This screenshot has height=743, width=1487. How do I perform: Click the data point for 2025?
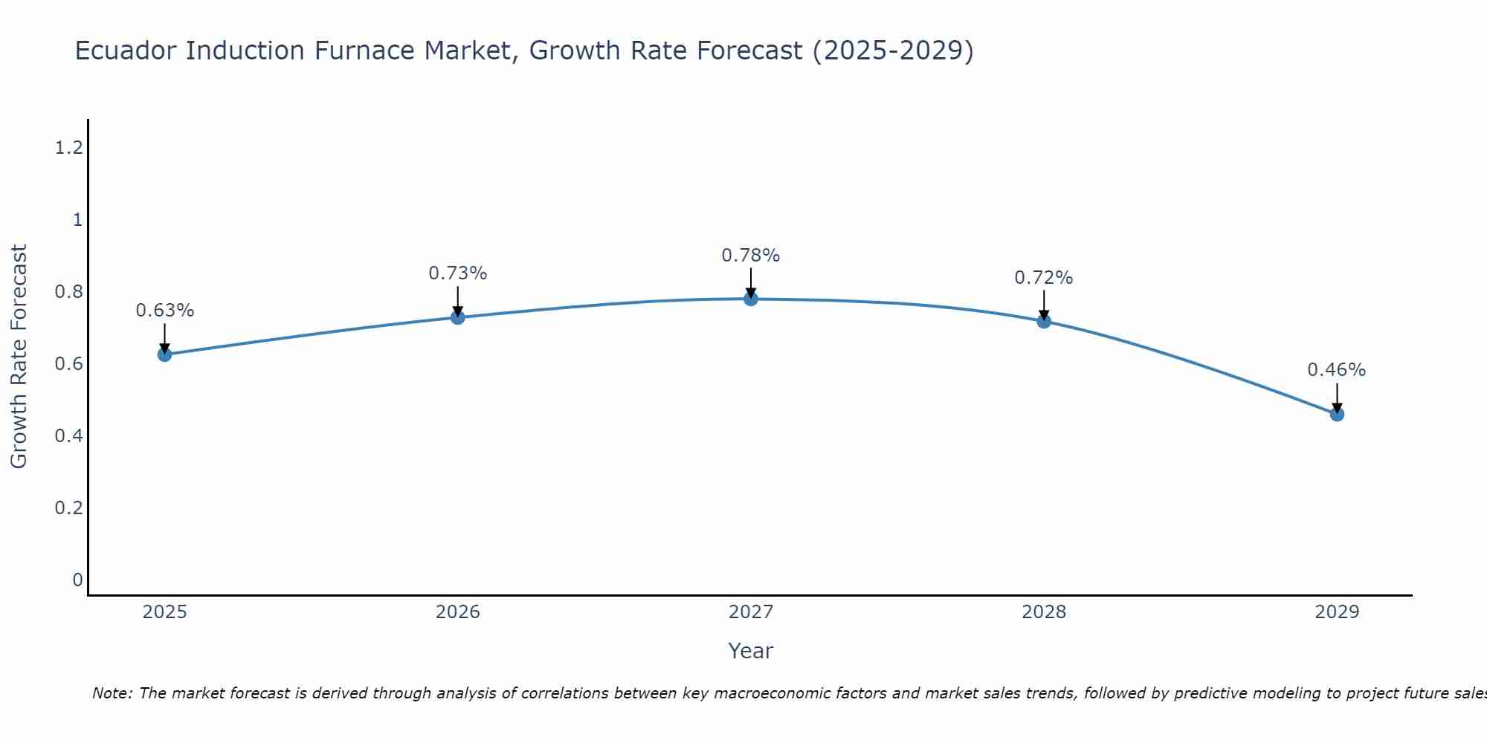[165, 354]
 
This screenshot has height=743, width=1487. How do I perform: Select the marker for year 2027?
[751, 299]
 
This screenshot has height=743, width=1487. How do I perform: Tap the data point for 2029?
[1337, 414]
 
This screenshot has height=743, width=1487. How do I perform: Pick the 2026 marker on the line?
[458, 317]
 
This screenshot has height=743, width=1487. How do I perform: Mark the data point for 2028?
[1044, 321]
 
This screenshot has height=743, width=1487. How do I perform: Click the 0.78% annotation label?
[751, 256]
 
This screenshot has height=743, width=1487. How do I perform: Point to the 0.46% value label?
[1337, 370]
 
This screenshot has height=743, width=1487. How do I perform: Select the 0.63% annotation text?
[165, 311]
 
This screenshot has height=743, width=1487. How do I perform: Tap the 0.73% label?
[458, 273]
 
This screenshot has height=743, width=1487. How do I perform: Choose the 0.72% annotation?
[1044, 278]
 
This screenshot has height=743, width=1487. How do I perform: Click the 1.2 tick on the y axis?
[68, 148]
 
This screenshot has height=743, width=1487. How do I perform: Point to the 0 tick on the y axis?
[77, 580]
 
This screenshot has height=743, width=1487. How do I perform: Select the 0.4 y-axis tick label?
[68, 435]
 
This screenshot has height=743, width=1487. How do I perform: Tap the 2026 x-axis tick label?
[458, 612]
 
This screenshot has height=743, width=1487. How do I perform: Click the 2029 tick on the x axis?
[1337, 612]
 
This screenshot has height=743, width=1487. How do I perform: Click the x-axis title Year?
[751, 651]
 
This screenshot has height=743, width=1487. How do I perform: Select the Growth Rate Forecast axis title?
[19, 357]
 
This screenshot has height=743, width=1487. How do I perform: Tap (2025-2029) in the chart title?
[892, 51]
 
